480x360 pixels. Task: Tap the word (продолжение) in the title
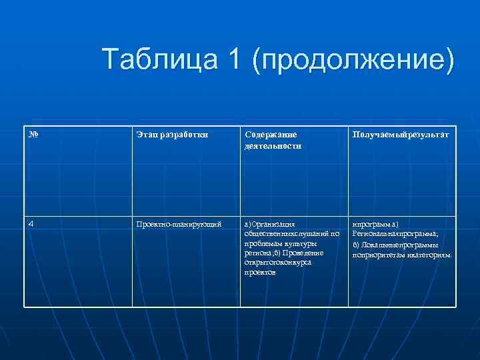pyautogui.click(x=353, y=61)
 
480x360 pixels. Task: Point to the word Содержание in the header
pyautogui.click(x=271, y=135)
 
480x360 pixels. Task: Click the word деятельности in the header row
pyautogui.click(x=273, y=145)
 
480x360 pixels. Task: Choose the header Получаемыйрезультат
pyautogui.click(x=401, y=135)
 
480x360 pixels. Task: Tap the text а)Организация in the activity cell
pyautogui.click(x=269, y=225)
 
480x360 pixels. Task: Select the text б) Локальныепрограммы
pyautogui.click(x=395, y=245)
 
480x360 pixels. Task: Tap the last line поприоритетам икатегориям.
pyautogui.click(x=401, y=255)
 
